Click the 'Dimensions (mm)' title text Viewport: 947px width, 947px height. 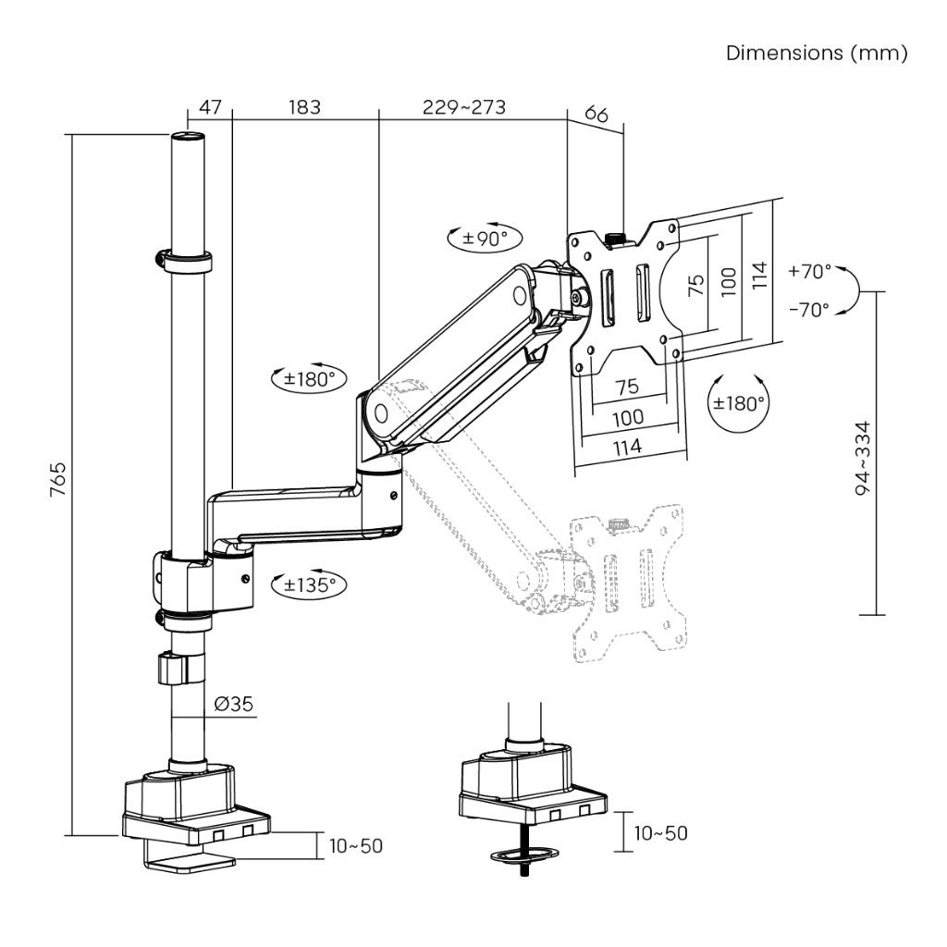click(x=817, y=53)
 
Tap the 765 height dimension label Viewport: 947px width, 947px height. click(x=57, y=480)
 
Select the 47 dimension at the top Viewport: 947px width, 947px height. click(x=210, y=107)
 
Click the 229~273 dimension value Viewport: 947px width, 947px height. click(x=464, y=107)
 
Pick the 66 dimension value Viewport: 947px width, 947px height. click(x=596, y=116)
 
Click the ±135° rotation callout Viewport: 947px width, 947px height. click(x=308, y=584)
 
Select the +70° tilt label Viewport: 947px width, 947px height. click(x=810, y=272)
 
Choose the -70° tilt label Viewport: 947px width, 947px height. click(x=810, y=310)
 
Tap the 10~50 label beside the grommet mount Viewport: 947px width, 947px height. click(x=660, y=833)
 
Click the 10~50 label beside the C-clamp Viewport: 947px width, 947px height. click(x=356, y=845)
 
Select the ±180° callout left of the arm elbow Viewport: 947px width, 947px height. click(x=308, y=378)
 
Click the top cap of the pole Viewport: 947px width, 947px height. click(x=188, y=138)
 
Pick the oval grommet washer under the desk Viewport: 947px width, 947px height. click(x=524, y=855)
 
